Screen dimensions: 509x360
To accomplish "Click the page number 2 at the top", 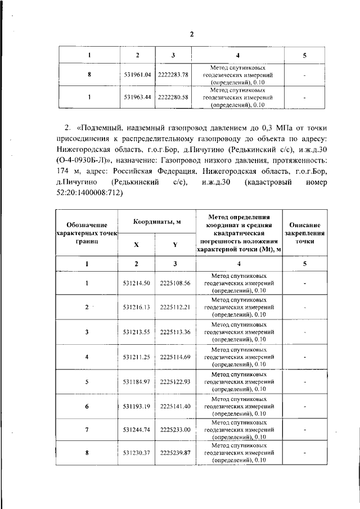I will [191, 34].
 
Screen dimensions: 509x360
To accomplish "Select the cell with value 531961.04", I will [137, 74].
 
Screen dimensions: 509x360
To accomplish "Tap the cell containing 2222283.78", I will [173, 74].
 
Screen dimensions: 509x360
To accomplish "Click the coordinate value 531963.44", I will [137, 97].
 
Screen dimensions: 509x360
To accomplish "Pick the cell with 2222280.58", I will [173, 97].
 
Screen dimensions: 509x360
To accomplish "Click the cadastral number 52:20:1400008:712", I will [89, 193].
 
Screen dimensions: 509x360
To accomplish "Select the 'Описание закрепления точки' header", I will [304, 232].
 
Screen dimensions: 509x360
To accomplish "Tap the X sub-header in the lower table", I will [137, 245].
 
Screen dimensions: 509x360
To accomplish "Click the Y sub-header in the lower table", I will [175, 245].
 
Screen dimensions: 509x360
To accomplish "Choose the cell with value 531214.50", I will [137, 283].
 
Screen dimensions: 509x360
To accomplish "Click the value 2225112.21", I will [175, 308].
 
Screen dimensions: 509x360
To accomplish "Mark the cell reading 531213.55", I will [137, 332].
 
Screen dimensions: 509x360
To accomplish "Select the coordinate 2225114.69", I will [175, 357].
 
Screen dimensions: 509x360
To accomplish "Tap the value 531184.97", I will [137, 381].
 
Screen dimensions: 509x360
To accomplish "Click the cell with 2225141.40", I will [175, 406].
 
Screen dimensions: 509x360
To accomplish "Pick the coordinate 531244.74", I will [137, 430].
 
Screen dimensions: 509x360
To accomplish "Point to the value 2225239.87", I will [175, 452].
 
